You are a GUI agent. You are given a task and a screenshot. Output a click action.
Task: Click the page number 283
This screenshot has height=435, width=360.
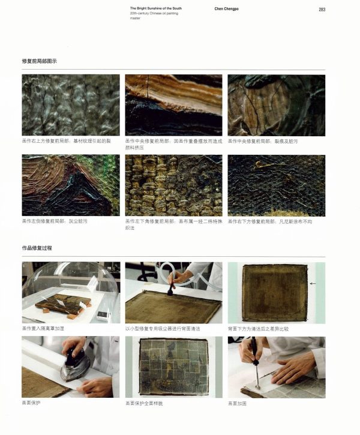point(322,9)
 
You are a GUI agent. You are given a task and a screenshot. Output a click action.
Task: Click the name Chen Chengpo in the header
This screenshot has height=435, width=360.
point(226,9)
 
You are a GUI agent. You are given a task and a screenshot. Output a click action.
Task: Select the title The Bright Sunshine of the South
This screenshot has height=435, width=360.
point(156,8)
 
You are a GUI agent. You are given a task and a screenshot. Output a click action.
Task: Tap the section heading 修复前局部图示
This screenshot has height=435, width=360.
point(39,62)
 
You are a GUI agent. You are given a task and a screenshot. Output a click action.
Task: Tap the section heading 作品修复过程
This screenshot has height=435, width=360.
point(37,248)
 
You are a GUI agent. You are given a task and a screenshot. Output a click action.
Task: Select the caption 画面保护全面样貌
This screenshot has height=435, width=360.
point(144,403)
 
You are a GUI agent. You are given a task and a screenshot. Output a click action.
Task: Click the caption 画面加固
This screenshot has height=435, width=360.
point(238,403)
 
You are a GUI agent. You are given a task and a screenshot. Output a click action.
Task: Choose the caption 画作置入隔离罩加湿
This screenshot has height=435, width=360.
point(44,329)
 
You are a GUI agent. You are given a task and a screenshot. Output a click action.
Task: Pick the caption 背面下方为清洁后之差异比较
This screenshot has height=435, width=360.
point(258,329)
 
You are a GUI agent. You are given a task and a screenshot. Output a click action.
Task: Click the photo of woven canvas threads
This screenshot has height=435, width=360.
point(173,185)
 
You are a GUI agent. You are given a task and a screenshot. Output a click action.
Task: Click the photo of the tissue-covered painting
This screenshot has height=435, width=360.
point(173,367)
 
